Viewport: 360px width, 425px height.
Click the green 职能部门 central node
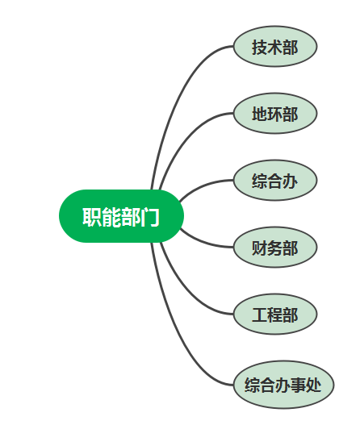[x=121, y=216]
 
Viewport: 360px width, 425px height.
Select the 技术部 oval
[x=275, y=46]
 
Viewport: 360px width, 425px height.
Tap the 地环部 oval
[x=275, y=113]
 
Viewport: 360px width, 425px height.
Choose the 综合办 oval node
[x=275, y=181]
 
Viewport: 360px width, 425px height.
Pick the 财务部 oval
[x=275, y=248]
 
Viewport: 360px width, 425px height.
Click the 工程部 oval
[x=275, y=315]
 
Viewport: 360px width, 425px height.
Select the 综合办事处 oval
[x=283, y=385]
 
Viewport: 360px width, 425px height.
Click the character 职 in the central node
[x=92, y=217]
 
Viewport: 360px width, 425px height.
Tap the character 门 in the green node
[x=149, y=217]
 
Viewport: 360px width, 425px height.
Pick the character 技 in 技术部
[x=260, y=47]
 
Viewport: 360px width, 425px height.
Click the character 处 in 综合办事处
[x=314, y=385]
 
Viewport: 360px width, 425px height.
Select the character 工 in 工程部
[x=260, y=315]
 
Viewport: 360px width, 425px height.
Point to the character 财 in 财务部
[x=260, y=248]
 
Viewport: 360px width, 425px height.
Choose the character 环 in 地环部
[x=275, y=114]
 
